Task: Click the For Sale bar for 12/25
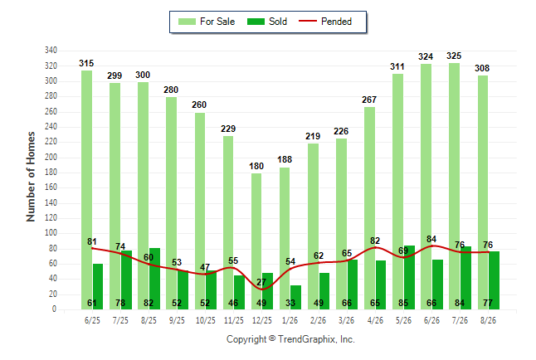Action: [256, 241]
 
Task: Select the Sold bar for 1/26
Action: [295, 298]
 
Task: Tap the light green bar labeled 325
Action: [455, 187]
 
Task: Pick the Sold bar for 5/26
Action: [409, 277]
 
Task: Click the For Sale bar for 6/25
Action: [86, 190]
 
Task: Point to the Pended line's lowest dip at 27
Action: [262, 289]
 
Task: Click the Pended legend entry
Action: [325, 22]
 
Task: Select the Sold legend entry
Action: [267, 22]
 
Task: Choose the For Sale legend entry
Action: [207, 22]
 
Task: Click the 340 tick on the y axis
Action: [51, 51]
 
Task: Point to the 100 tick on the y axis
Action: [51, 233]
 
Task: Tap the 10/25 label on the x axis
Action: [206, 320]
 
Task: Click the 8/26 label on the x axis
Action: [488, 320]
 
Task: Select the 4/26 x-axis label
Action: [375, 320]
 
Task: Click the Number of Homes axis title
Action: [31, 177]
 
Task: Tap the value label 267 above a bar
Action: [369, 100]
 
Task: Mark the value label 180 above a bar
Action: [256, 166]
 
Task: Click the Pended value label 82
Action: [375, 241]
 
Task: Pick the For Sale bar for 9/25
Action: [172, 203]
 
